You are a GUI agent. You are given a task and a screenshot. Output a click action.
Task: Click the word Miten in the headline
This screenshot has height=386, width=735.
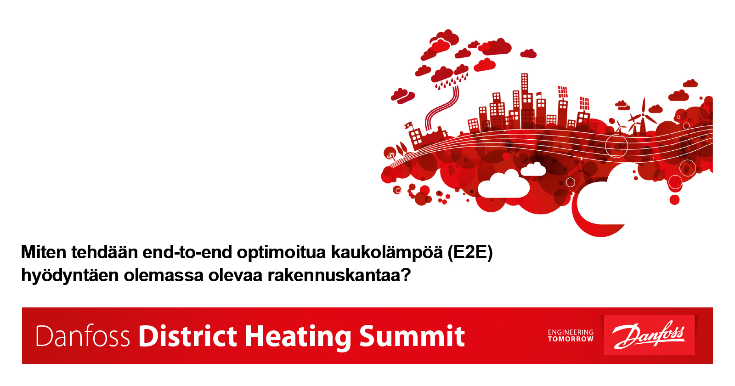point(44,252)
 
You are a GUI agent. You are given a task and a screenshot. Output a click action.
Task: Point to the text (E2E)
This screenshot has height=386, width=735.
point(470,253)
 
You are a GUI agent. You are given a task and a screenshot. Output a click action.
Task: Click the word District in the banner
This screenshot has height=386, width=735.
point(187,336)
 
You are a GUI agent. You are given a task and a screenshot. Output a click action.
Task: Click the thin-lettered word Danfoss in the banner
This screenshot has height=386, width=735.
point(83,336)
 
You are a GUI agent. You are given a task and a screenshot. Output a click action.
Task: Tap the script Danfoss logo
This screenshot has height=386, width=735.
point(649,335)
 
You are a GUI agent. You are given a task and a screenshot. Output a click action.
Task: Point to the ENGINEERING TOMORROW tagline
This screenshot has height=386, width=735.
point(571,336)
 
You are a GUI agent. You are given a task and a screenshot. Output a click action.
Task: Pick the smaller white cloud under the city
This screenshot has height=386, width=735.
point(533,170)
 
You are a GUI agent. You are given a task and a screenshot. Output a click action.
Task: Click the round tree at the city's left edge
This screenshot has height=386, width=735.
point(390,153)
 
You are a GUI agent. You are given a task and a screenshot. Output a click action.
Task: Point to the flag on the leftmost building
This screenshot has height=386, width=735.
point(409,125)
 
